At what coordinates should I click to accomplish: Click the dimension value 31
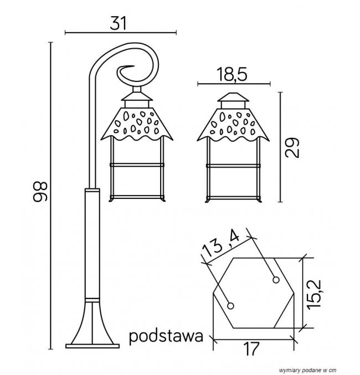click(x=118, y=23)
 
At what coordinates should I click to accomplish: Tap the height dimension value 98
click(x=40, y=192)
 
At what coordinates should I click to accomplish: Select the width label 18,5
click(x=232, y=74)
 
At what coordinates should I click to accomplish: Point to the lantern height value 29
click(x=292, y=147)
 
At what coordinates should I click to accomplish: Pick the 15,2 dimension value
click(x=314, y=294)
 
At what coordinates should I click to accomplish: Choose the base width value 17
click(x=251, y=349)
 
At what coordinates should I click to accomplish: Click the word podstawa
click(x=166, y=336)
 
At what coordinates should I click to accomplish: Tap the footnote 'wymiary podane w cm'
click(x=307, y=370)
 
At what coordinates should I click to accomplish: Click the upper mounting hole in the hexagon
click(x=276, y=280)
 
